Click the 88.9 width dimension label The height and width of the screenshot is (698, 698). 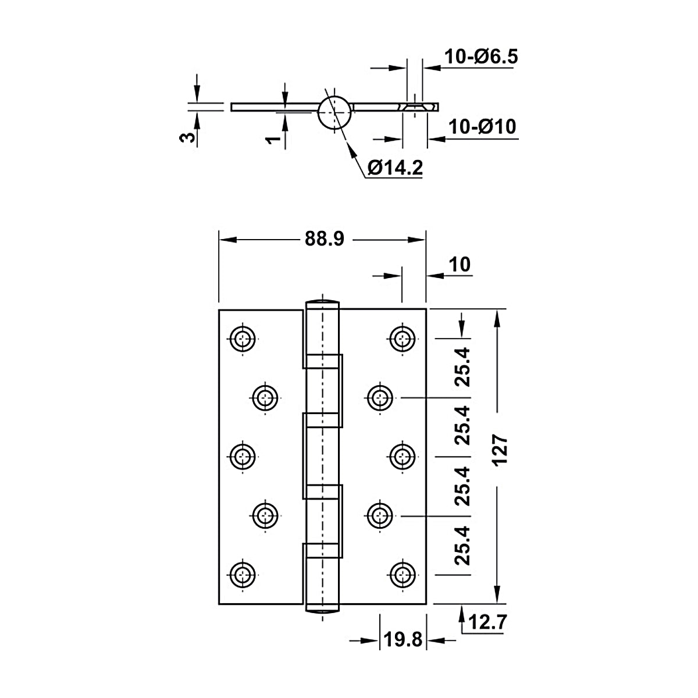324,239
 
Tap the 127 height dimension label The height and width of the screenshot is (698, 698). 500,450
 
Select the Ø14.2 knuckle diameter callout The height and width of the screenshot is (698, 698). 395,168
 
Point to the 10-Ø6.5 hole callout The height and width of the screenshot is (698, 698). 481,56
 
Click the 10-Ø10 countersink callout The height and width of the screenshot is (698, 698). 482,127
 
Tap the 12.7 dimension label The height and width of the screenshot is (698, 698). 487,622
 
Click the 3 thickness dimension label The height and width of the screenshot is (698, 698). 187,137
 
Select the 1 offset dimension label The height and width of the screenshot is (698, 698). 273,140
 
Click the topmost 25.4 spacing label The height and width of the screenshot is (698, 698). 462,367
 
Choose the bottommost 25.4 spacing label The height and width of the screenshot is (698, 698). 462,546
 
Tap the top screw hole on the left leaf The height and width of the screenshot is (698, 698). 243,339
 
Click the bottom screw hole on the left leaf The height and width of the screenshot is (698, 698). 243,575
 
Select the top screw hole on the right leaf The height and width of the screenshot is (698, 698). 403,339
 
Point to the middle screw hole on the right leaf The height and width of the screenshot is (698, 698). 403,457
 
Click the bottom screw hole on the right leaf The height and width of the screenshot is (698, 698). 403,575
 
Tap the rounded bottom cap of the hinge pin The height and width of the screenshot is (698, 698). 322,611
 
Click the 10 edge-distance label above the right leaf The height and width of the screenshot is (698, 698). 460,265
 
